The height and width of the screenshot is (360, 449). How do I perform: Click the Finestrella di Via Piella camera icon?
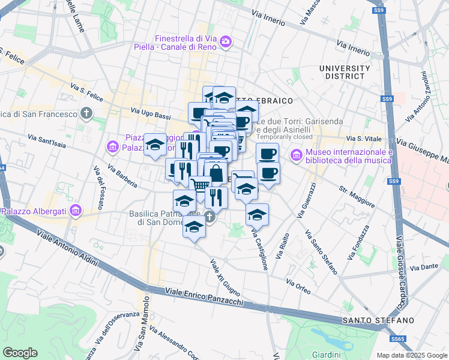click(226, 41)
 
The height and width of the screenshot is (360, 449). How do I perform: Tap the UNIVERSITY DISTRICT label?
click(345, 72)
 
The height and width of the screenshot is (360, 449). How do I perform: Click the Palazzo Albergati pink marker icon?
click(75, 210)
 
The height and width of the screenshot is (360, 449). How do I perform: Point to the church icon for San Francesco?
click(87, 113)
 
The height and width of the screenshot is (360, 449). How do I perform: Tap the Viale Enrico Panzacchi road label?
click(202, 297)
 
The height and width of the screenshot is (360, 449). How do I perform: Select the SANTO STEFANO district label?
click(378, 320)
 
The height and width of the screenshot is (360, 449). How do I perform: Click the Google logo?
click(20, 353)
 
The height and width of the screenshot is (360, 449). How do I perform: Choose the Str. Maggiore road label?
click(357, 198)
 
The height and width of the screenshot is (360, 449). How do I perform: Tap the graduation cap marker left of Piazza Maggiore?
click(155, 144)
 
